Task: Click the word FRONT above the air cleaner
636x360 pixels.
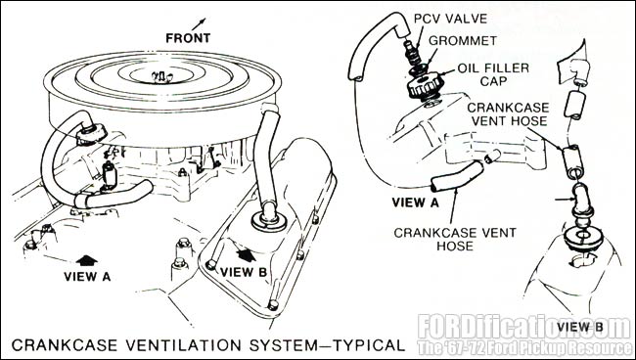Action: point(188,38)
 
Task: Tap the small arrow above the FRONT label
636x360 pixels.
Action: point(199,23)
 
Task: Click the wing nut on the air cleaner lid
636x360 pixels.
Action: point(161,76)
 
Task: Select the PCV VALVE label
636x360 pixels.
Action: point(450,19)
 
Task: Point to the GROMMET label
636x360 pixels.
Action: point(463,41)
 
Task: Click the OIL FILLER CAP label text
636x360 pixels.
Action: point(493,74)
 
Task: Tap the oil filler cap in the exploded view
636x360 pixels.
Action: point(426,86)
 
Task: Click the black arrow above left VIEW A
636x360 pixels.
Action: point(87,260)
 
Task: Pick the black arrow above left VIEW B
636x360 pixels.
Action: point(247,254)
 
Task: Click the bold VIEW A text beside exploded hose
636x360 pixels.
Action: point(415,202)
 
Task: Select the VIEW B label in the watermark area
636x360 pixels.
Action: point(580,327)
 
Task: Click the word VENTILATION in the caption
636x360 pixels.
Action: point(183,345)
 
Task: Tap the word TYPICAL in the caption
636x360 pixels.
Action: point(369,345)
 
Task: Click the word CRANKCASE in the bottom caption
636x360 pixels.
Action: point(65,345)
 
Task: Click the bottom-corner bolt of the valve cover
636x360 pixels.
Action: point(273,305)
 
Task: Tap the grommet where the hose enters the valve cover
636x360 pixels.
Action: point(268,221)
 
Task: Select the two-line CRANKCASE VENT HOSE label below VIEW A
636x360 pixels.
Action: point(455,240)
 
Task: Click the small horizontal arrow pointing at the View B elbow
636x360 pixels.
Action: point(563,200)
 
